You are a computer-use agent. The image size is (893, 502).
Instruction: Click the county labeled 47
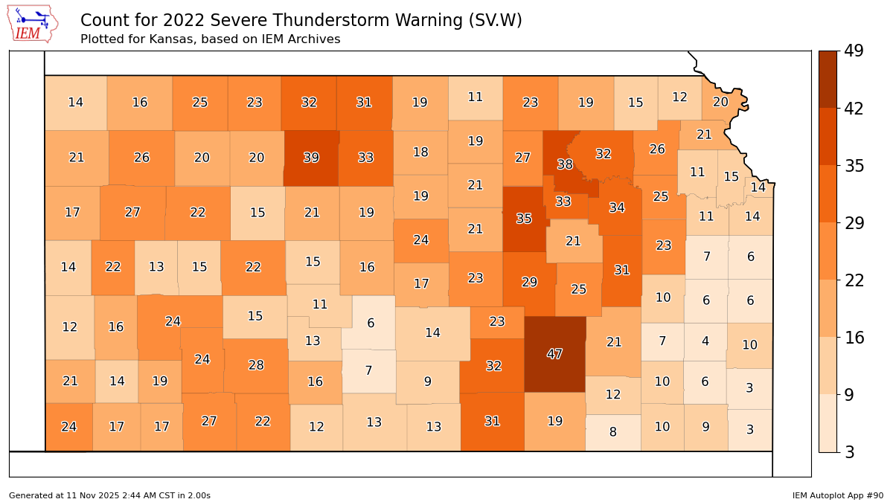pos(554,354)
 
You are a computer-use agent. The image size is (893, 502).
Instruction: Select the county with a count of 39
pos(312,158)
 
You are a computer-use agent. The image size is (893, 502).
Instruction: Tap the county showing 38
pos(565,164)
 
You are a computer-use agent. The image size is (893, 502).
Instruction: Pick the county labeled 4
pos(705,342)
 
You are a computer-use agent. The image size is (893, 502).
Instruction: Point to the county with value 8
pos(612,432)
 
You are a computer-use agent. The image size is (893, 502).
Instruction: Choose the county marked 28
pos(256,365)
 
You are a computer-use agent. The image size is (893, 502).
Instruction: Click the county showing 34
pos(617,207)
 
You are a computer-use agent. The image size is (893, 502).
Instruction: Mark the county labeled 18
pos(420,152)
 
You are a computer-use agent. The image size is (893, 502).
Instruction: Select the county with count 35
pos(524,219)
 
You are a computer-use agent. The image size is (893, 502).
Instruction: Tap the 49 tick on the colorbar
pos(853,51)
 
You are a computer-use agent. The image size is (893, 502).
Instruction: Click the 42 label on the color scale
pos(853,109)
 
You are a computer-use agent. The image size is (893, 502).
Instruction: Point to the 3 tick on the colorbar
pos(848,451)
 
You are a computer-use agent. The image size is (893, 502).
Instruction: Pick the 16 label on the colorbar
pos(853,338)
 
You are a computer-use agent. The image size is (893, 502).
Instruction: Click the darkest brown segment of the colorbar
pos(828,79)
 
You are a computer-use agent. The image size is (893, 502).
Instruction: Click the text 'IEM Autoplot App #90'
pos(837,495)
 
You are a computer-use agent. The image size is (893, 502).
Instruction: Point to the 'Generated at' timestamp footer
pos(109,495)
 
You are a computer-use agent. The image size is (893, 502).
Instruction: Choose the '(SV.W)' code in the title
pos(495,21)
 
